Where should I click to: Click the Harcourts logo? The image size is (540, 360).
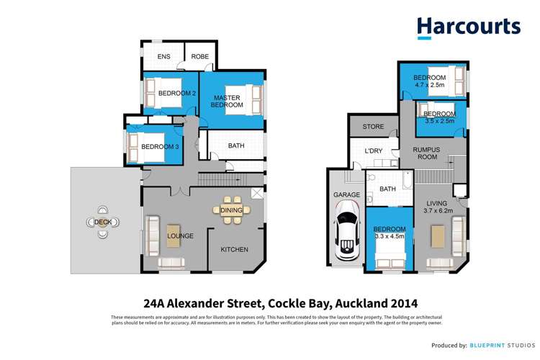tap(468, 27)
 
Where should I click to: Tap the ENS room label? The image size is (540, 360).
tap(163, 56)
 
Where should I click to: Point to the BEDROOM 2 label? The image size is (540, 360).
tap(177, 93)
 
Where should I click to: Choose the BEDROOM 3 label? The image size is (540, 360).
tap(160, 147)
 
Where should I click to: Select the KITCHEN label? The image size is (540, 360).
tap(234, 250)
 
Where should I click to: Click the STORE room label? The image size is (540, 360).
tap(372, 127)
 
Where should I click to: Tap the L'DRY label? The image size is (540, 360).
tap(373, 151)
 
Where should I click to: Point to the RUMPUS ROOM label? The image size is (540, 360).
tap(426, 153)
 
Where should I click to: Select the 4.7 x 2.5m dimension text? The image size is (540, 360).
tap(430, 86)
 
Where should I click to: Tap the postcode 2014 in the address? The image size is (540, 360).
tap(402, 303)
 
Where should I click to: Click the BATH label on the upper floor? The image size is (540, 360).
tap(235, 146)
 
